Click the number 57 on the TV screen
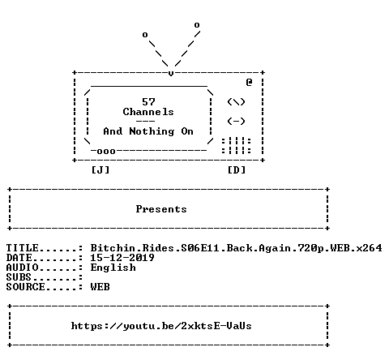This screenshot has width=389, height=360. pyautogui.click(x=148, y=102)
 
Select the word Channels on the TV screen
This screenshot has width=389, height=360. pyautogui.click(x=148, y=112)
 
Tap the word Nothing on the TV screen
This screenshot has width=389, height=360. pyautogui.click(x=152, y=131)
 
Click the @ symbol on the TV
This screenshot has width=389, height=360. pyautogui.click(x=249, y=82)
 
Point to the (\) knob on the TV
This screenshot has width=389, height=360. pyautogui.click(x=237, y=102)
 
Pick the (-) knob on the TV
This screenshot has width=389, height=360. pyautogui.click(x=237, y=121)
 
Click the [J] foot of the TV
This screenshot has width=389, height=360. pyautogui.click(x=100, y=170)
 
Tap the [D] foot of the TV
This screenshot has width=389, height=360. pyautogui.click(x=237, y=170)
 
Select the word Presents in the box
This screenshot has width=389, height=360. pyautogui.click(x=161, y=209)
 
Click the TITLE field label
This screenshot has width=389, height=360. pyautogui.click(x=23, y=248)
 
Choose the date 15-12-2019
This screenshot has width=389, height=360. pyautogui.click(x=122, y=258)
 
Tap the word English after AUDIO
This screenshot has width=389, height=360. pyautogui.click(x=113, y=268)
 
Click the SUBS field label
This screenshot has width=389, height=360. pyautogui.click(x=19, y=277)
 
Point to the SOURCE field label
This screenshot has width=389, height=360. pyautogui.click(x=26, y=287)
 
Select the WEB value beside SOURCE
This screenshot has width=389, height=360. pyautogui.click(x=100, y=287)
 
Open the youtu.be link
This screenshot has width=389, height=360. pyautogui.click(x=161, y=326)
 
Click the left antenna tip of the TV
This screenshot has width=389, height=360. pyautogui.click(x=145, y=35)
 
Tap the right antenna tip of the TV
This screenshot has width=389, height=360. pyautogui.click(x=197, y=25)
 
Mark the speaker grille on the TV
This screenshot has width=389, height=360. pyautogui.click(x=237, y=146)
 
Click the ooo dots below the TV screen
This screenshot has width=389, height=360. pyautogui.click(x=106, y=151)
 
